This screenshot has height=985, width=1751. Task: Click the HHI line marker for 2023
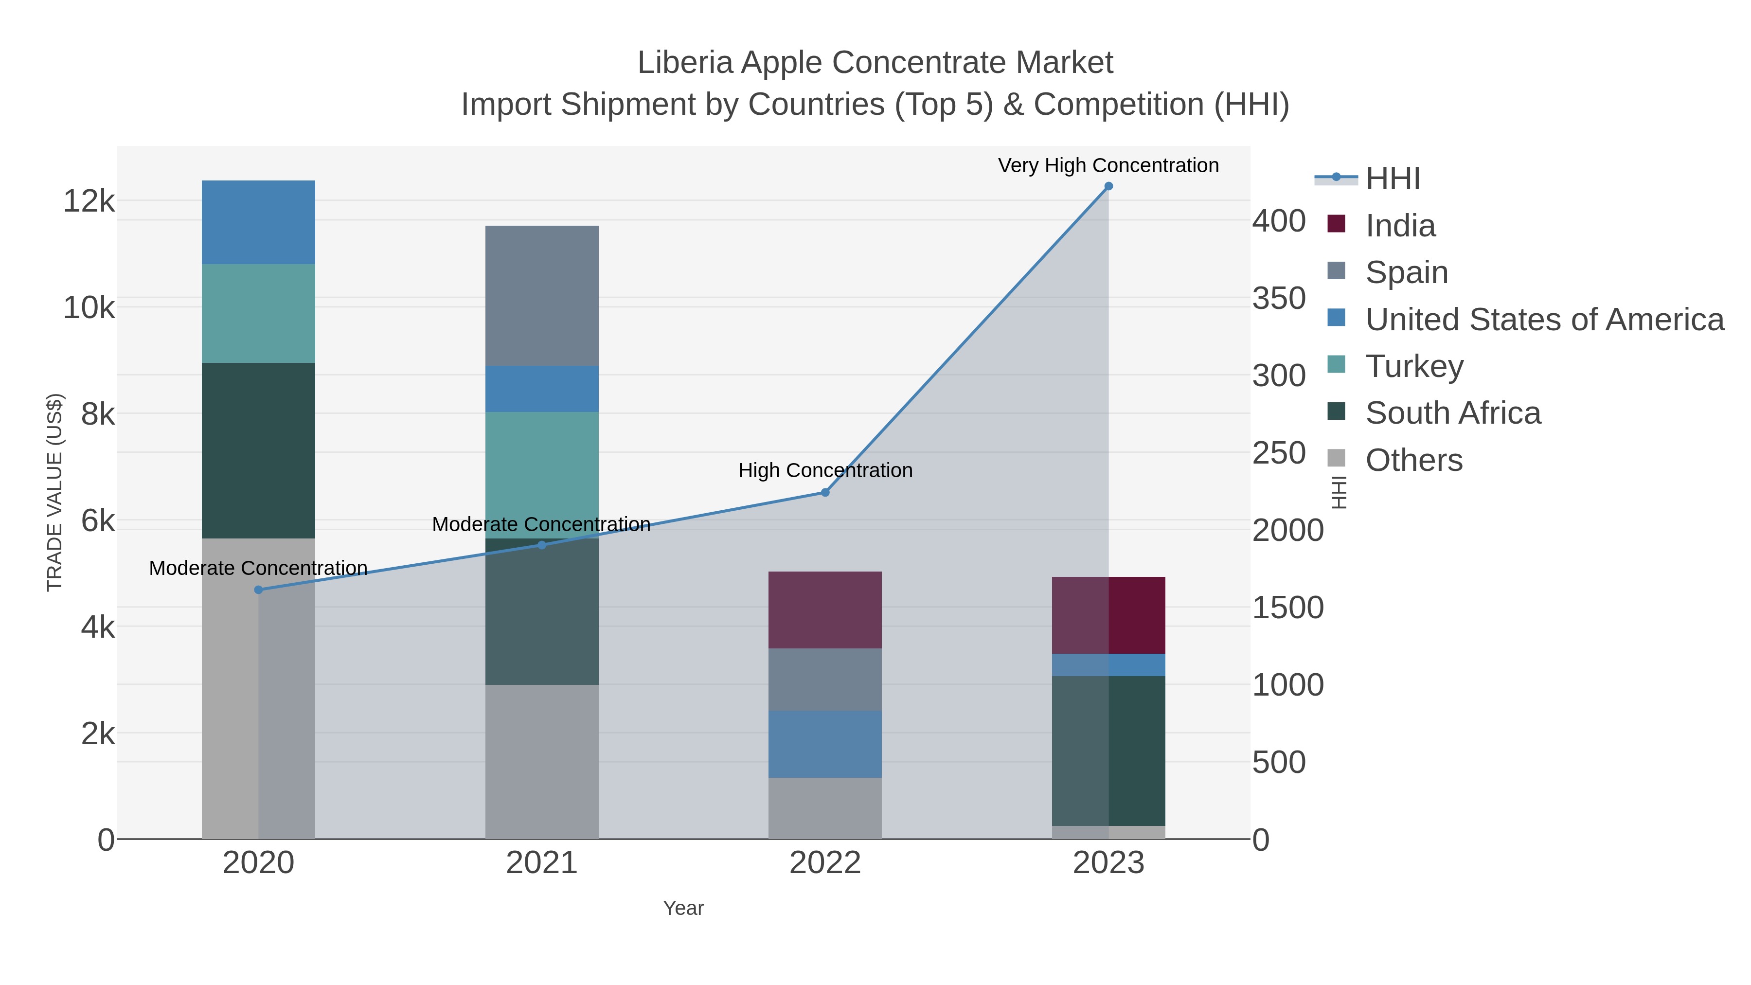(1108, 186)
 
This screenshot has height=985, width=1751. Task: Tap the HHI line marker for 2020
(258, 590)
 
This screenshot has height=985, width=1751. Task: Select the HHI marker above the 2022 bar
(825, 492)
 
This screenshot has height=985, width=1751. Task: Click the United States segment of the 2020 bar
(258, 222)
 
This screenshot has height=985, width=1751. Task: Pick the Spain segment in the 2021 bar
(542, 296)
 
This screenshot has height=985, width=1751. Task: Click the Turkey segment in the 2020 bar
(258, 313)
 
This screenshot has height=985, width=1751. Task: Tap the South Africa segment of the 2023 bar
(1108, 751)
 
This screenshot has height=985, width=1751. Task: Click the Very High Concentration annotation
(1108, 166)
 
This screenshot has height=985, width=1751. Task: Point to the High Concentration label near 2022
(825, 470)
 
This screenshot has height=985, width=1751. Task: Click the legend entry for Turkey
(1414, 366)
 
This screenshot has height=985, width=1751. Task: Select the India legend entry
(1400, 226)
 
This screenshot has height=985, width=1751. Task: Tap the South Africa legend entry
(1452, 413)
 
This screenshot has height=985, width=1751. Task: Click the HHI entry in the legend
(1392, 179)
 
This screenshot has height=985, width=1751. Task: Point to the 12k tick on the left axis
(89, 201)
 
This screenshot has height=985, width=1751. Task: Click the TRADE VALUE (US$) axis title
(54, 492)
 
